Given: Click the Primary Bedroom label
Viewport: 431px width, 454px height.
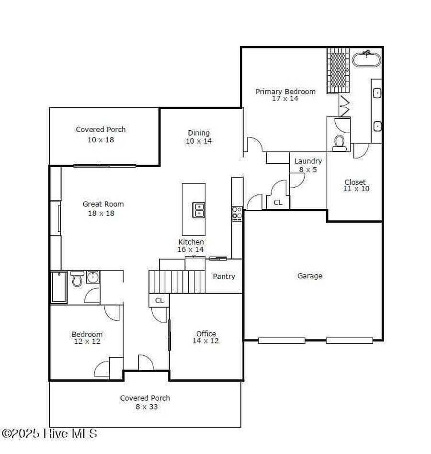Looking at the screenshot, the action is [x=285, y=91].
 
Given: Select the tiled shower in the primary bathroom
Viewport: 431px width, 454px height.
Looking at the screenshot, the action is [x=338, y=70].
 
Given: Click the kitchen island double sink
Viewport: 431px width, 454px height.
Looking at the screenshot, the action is [x=199, y=210].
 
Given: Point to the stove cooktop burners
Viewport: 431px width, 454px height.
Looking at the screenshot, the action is [x=237, y=214].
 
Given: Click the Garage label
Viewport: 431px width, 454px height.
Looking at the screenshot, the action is [x=310, y=276].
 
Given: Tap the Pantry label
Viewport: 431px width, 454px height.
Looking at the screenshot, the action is [x=224, y=276].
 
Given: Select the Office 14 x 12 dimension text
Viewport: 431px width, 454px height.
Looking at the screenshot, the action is [x=206, y=341].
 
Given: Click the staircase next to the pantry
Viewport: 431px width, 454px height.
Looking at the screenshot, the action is [x=177, y=282].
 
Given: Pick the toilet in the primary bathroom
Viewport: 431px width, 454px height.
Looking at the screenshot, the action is [x=339, y=143].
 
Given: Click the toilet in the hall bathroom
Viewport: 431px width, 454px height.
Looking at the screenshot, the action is [x=77, y=279].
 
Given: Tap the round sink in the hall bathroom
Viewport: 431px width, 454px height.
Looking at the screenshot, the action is [x=93, y=277].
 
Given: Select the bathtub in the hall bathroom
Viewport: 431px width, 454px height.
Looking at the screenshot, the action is [x=59, y=287].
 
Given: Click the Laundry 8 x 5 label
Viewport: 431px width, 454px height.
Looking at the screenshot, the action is [x=308, y=165].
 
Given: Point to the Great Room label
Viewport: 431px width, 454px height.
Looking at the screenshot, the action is [x=103, y=204].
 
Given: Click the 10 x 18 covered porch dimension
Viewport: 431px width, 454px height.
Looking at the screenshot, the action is [x=101, y=140].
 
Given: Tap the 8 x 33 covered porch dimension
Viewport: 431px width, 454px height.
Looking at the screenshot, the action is [x=147, y=407].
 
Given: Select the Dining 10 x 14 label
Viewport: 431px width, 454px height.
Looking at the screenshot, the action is [x=199, y=137].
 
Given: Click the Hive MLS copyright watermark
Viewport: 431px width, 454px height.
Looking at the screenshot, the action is [x=49, y=433].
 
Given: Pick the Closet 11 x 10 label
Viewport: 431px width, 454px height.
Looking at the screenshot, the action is [x=356, y=186].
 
